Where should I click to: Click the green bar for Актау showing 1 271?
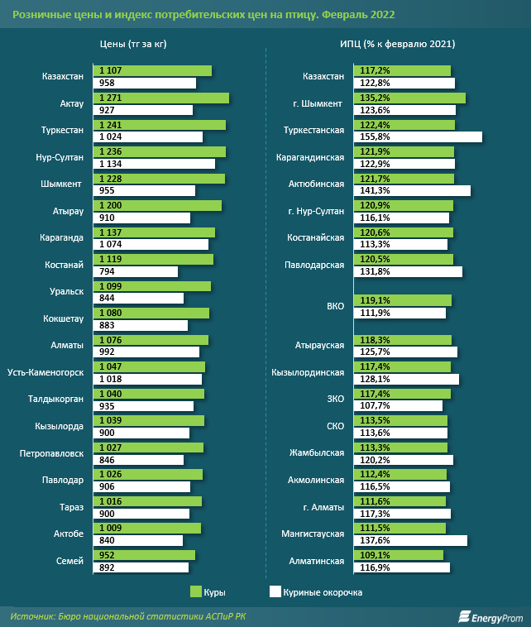(x=162, y=98)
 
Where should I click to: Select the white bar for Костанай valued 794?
(x=136, y=271)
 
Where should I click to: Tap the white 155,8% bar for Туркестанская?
(x=418, y=136)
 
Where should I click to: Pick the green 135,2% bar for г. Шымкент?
(x=409, y=98)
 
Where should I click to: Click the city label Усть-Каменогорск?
(x=45, y=373)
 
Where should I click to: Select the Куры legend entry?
(x=208, y=592)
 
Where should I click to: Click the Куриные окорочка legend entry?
(x=315, y=592)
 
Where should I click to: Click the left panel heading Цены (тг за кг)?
(x=132, y=44)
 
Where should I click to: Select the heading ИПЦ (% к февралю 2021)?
(x=398, y=44)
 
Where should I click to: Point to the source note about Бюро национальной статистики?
(x=128, y=616)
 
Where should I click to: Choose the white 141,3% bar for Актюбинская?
(x=412, y=190)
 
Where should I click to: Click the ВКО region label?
(x=335, y=306)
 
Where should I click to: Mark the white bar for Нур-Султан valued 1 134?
(x=155, y=164)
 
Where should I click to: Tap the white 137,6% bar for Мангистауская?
(x=410, y=540)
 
